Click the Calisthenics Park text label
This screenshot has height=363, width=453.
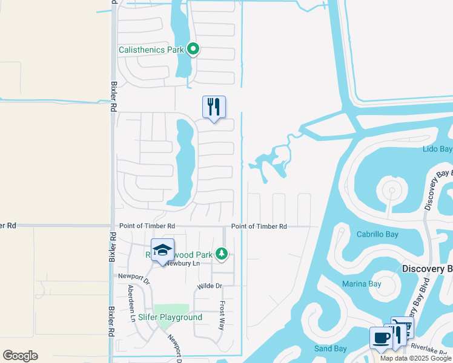(151, 50)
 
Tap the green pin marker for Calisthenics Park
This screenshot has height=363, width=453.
(193, 49)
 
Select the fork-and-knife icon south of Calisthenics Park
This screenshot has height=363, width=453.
(214, 106)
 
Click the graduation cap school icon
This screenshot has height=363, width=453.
(162, 250)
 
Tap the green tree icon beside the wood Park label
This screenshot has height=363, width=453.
(223, 254)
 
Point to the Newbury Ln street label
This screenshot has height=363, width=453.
(182, 263)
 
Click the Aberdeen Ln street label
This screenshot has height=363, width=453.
(130, 303)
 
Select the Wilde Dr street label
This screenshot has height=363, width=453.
(210, 286)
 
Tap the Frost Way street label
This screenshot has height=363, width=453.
(222, 316)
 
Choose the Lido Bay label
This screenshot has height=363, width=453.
(437, 149)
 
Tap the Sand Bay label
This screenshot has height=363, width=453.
(330, 348)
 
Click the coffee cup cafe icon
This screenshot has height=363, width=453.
(380, 338)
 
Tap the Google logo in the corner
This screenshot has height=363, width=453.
(20, 355)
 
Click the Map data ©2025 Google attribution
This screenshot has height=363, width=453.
(416, 359)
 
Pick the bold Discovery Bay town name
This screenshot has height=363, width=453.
(428, 268)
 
